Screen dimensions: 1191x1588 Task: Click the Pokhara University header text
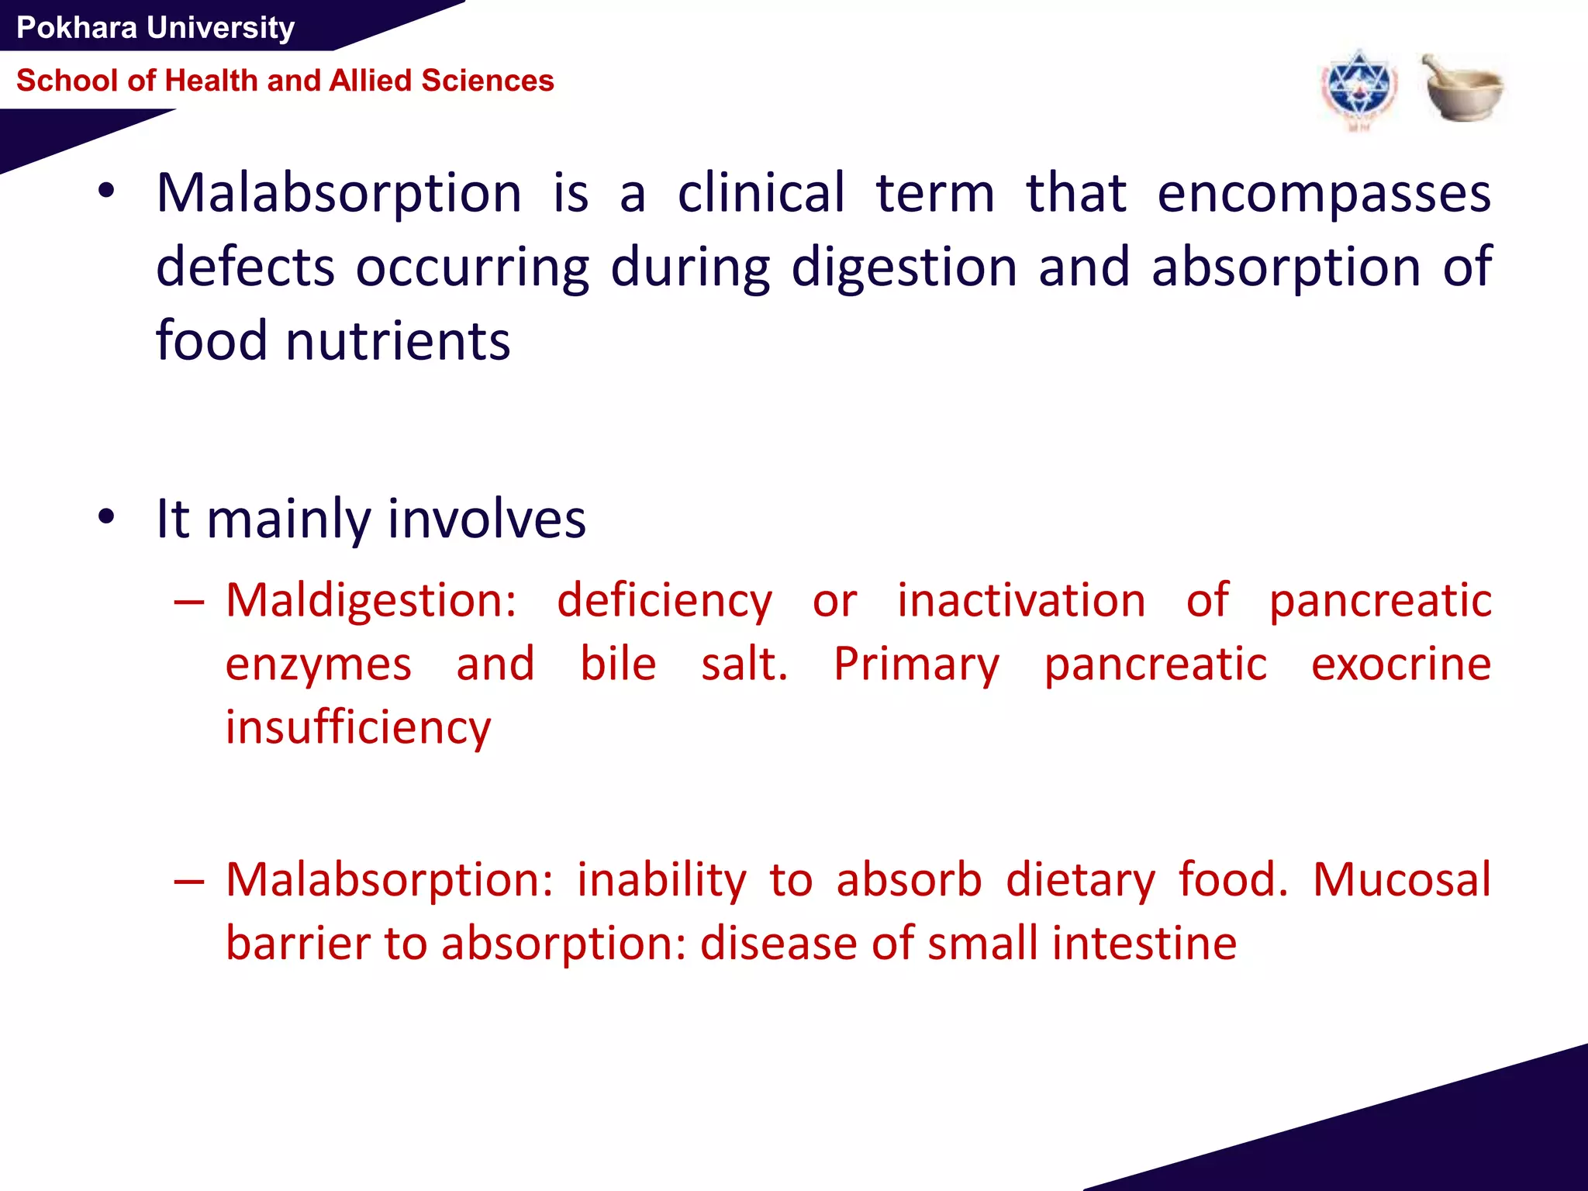pyautogui.click(x=155, y=28)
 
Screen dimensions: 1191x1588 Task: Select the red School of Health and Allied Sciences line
pyautogui.click(x=285, y=81)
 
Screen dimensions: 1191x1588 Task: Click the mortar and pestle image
pyautogui.click(x=1462, y=88)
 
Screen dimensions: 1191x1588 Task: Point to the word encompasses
pyautogui.click(x=1324, y=194)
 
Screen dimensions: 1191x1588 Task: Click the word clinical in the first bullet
pyautogui.click(x=761, y=194)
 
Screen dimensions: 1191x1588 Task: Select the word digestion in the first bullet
pyautogui.click(x=904, y=268)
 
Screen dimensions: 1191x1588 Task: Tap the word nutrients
pyautogui.click(x=398, y=341)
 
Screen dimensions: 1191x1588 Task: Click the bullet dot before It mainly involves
pyautogui.click(x=107, y=516)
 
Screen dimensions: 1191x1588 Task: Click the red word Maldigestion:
pyautogui.click(x=371, y=601)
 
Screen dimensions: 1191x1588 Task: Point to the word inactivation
pyautogui.click(x=1021, y=601)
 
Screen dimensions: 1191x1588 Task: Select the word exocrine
pyautogui.click(x=1400, y=665)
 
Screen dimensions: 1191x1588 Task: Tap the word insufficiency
pyautogui.click(x=358, y=728)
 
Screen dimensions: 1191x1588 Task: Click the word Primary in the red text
pyautogui.click(x=917, y=665)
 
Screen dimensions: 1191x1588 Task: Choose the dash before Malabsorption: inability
pyautogui.click(x=189, y=882)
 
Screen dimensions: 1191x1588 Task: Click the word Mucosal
pyautogui.click(x=1401, y=880)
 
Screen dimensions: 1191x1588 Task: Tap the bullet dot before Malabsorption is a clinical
pyautogui.click(x=107, y=191)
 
